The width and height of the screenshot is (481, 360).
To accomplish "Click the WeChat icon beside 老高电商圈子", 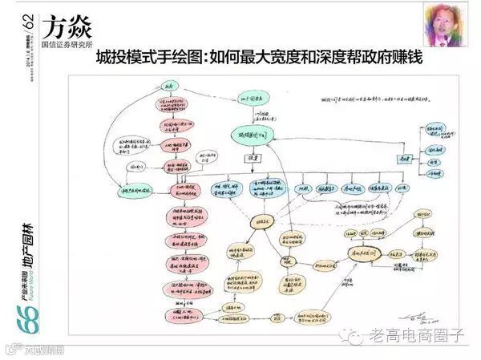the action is tap(354, 334).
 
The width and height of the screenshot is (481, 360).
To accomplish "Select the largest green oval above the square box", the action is tap(253, 136).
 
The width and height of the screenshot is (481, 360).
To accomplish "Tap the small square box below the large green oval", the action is tap(251, 159).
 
